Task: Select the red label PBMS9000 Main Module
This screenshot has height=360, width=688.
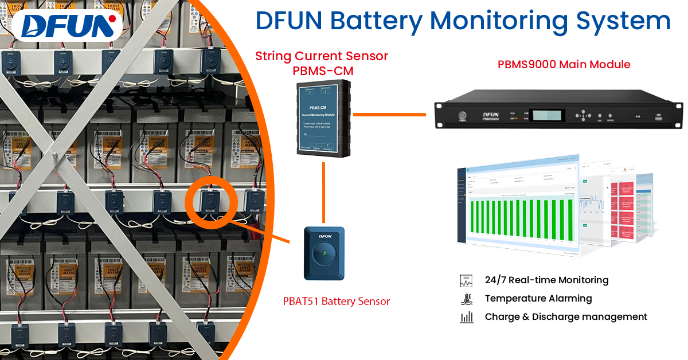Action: click(x=564, y=64)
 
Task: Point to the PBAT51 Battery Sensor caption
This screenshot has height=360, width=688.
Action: click(x=336, y=301)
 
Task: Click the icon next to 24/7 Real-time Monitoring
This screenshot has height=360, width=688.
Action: click(x=466, y=280)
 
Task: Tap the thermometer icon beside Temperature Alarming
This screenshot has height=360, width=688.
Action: click(x=466, y=299)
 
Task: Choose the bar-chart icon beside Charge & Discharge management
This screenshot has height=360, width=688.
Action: click(x=466, y=317)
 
